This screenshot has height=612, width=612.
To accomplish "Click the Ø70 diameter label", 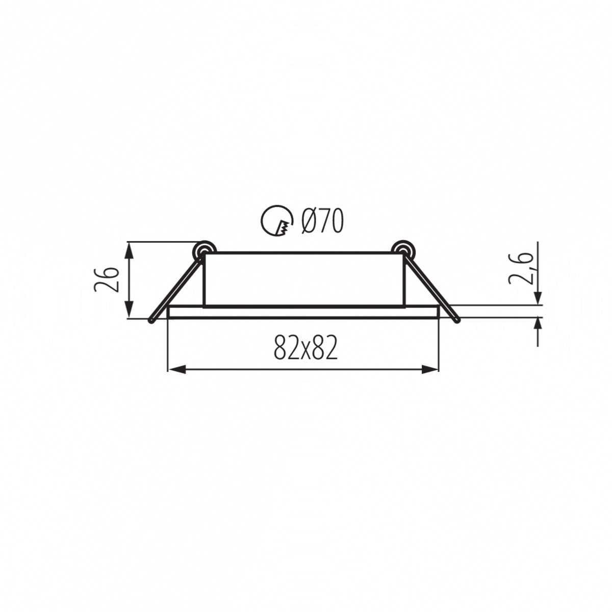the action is (322, 221).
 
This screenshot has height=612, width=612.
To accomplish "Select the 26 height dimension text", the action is (107, 279).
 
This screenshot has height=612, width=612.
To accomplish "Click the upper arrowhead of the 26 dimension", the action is (129, 251).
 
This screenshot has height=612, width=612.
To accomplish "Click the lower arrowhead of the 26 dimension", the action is (129, 309).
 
